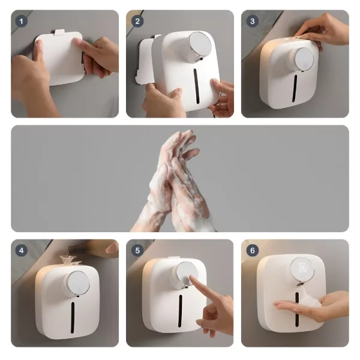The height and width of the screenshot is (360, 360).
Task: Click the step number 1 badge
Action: click(22, 22)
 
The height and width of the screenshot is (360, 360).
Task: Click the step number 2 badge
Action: click(137, 22)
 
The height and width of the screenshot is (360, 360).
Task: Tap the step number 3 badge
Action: click(253, 22)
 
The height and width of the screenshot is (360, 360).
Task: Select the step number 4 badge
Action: click(22, 250)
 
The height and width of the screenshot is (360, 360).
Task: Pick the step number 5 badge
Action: click(137, 250)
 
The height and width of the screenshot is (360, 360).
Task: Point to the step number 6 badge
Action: click(253, 250)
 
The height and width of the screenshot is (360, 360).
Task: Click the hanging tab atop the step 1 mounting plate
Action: click(60, 32)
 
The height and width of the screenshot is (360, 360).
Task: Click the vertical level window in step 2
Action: click(196, 86)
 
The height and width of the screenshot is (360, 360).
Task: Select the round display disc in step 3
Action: click(304, 59)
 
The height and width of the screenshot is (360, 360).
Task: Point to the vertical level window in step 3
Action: click(295, 88)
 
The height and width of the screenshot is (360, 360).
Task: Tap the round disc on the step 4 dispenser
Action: click(79, 283)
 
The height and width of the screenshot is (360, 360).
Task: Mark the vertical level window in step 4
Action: click(73, 317)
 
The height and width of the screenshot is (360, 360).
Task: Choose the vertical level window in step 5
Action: click(180, 311)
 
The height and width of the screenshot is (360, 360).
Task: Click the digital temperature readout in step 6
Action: click(302, 268)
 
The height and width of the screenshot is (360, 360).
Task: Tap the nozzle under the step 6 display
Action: click(299, 284)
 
